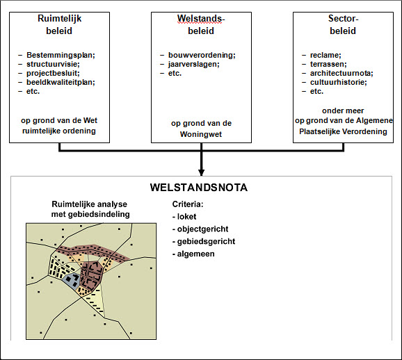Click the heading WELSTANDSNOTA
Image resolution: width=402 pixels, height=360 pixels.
pyautogui.click(x=199, y=188)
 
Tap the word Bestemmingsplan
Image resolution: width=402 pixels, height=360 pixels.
pyautogui.click(x=61, y=55)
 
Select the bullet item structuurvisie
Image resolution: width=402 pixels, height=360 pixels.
pyautogui.click(x=53, y=64)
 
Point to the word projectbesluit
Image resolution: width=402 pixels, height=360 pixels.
pyautogui.click(x=53, y=73)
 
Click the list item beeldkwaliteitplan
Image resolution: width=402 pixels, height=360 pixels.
pyautogui.click(x=61, y=82)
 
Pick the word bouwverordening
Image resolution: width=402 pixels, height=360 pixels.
pyautogui.click(x=202, y=55)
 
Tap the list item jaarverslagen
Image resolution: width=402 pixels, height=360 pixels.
pyautogui.click(x=193, y=64)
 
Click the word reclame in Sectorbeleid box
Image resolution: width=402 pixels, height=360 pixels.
pyautogui.click(x=325, y=55)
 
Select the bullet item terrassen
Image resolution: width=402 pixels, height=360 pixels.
pyautogui.click(x=328, y=64)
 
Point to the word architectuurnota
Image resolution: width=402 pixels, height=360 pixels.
pyautogui.click(x=341, y=73)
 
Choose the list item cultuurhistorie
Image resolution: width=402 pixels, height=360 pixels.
pyautogui.click(x=339, y=82)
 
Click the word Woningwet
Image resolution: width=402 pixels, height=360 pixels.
pyautogui.click(x=201, y=134)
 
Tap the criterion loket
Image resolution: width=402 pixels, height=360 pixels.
pyautogui.click(x=186, y=217)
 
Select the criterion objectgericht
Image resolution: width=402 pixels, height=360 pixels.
pyautogui.click(x=202, y=229)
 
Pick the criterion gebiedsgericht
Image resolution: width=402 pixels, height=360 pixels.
pyautogui.click(x=206, y=241)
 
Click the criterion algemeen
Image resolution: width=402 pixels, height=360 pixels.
pyautogui.click(x=195, y=254)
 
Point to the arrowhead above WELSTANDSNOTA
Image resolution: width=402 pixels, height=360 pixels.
pyautogui.click(x=201, y=172)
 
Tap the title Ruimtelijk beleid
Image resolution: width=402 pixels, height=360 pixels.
pyautogui.click(x=59, y=24)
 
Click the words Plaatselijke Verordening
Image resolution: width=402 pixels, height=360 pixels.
pyautogui.click(x=343, y=131)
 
